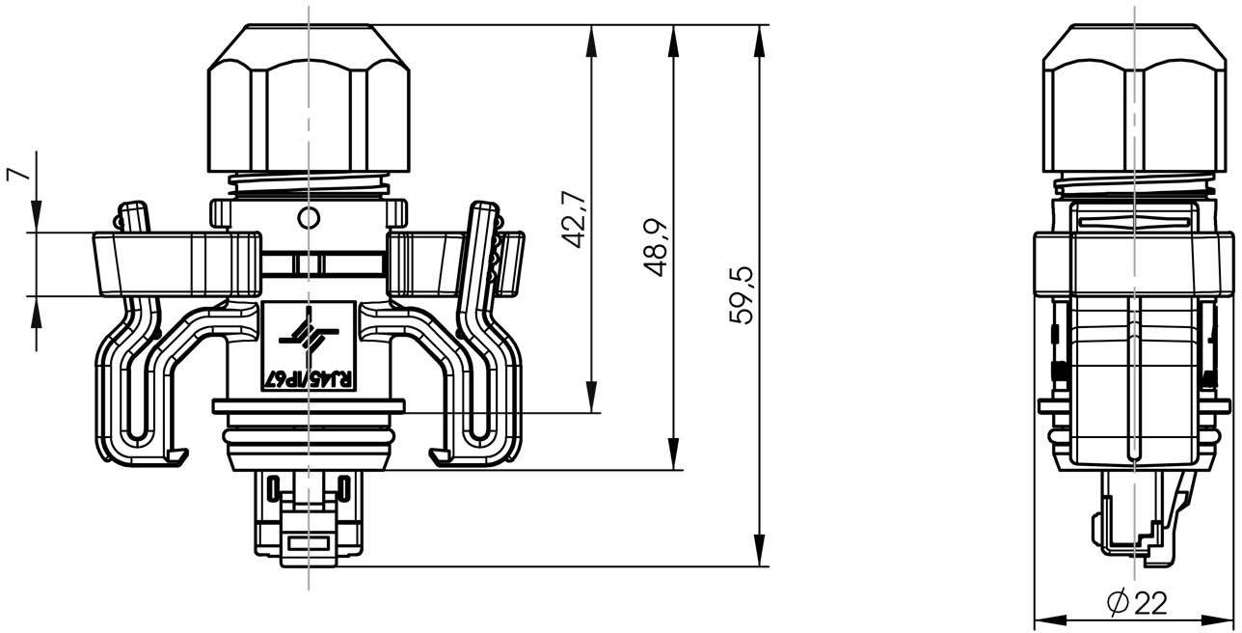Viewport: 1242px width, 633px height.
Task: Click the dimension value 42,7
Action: tap(574, 219)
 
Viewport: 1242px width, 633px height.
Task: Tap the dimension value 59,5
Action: tap(742, 294)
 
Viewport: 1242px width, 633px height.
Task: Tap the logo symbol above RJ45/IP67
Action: tap(309, 334)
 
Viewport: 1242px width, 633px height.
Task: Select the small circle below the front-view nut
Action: tap(307, 218)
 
